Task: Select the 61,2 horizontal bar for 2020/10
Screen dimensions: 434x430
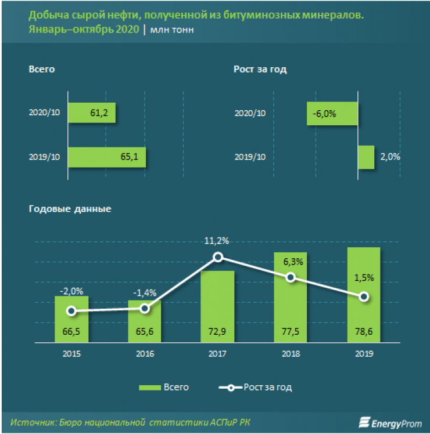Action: click(92, 113)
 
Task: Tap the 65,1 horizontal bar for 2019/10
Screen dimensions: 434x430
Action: click(107, 157)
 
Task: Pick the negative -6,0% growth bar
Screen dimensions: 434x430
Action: click(332, 113)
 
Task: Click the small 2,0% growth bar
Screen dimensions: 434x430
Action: click(366, 157)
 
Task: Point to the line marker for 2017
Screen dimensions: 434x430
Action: click(218, 257)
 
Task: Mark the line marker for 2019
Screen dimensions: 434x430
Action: click(364, 297)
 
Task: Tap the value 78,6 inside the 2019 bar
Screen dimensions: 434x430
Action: click(364, 333)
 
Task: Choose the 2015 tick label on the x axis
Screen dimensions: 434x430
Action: click(71, 353)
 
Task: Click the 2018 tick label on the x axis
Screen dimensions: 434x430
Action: click(291, 353)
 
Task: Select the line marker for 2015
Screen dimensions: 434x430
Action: click(71, 311)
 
